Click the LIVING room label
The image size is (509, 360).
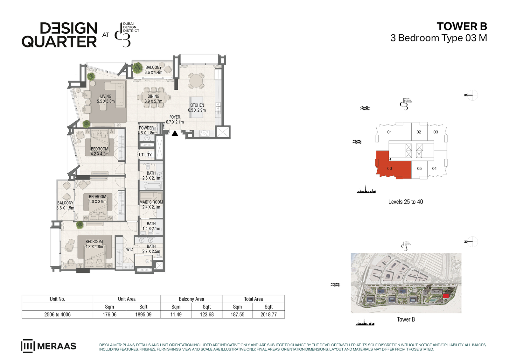click(106, 96)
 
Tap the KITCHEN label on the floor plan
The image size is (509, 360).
click(197, 105)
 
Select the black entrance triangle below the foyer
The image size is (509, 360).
click(175, 133)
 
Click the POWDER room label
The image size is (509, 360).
click(146, 128)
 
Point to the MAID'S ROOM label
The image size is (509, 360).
click(151, 202)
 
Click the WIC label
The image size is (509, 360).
click(129, 249)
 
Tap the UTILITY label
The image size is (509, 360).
click(145, 155)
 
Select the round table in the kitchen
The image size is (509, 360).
click(196, 81)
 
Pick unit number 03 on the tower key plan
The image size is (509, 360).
click(436, 132)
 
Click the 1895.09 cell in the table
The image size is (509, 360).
click(143, 314)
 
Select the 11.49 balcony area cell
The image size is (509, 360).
click(176, 314)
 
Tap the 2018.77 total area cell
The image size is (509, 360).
click(268, 314)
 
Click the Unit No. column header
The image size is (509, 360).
click(57, 299)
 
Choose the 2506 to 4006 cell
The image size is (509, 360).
click(58, 314)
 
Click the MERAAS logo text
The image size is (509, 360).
click(57, 346)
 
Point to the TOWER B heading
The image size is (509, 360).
click(462, 26)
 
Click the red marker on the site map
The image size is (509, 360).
click(446, 296)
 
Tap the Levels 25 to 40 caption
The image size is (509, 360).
click(406, 202)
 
